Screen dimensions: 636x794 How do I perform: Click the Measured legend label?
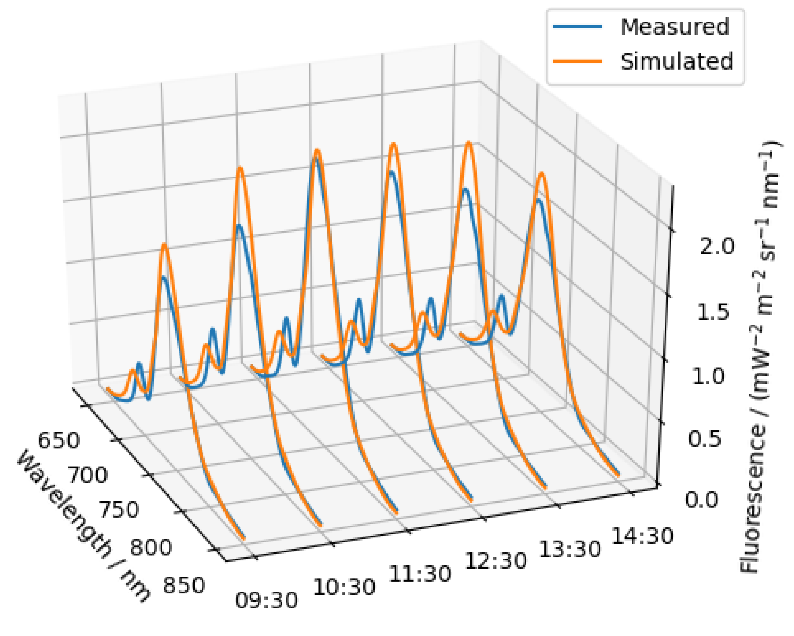pyautogui.click(x=675, y=27)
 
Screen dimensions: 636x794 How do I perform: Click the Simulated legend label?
pyautogui.click(x=676, y=62)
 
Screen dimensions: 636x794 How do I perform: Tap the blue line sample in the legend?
pyautogui.click(x=577, y=27)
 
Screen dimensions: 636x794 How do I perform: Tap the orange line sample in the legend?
pyautogui.click(x=577, y=61)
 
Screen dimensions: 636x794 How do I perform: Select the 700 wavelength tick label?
pyautogui.click(x=87, y=475)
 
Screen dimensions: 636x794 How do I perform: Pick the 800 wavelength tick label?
pyautogui.click(x=151, y=547)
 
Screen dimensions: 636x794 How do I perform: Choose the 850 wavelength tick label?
pyautogui.click(x=184, y=585)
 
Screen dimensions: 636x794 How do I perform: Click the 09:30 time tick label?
pyautogui.click(x=267, y=600)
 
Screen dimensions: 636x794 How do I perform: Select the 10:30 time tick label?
pyautogui.click(x=344, y=587)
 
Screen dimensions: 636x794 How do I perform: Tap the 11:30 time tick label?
pyautogui.click(x=420, y=574)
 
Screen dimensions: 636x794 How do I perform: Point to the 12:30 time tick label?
pyautogui.click(x=496, y=561)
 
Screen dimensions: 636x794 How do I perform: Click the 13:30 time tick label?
pyautogui.click(x=570, y=549)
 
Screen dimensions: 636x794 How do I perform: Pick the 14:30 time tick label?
pyautogui.click(x=642, y=536)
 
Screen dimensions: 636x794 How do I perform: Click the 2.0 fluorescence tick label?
pyautogui.click(x=717, y=246)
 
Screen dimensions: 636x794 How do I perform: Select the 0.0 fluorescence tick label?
pyautogui.click(x=702, y=500)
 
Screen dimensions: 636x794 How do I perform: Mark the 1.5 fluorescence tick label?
pyautogui.click(x=713, y=312)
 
